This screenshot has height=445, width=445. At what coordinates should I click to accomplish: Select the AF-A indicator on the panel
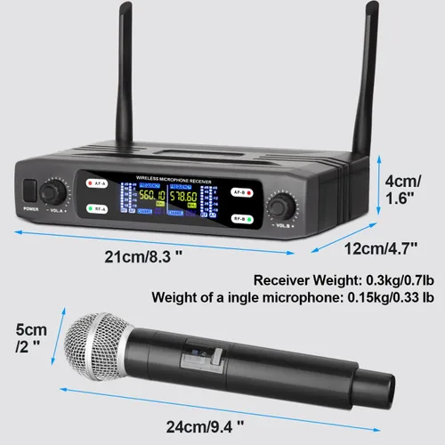point(98,184)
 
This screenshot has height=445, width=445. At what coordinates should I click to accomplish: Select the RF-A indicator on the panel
point(98,210)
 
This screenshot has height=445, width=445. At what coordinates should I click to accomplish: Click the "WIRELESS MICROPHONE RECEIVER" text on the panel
point(171,180)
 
